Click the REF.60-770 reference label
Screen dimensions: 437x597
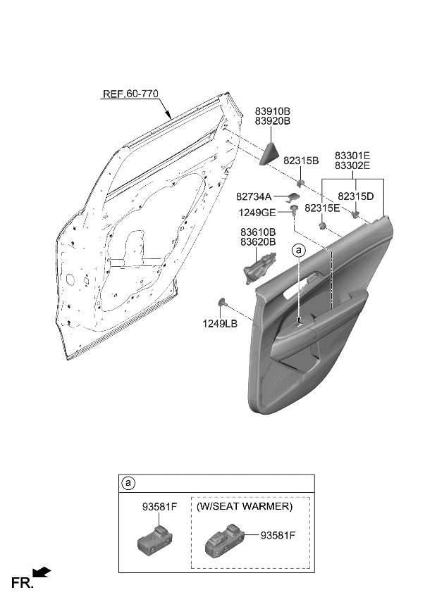pos(130,93)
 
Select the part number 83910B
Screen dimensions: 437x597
pos(272,111)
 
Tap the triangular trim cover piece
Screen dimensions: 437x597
pos(270,154)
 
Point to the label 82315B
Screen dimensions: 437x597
pos(301,161)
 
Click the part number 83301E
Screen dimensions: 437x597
pos(352,156)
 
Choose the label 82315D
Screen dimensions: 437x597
pos(356,196)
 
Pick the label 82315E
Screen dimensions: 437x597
pos(322,208)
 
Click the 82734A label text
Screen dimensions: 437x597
pos(254,196)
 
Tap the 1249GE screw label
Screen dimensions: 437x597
pos(257,213)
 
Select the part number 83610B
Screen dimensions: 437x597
pos(258,232)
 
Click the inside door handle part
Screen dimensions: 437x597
pos(259,268)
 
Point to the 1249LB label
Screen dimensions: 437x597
pos(220,324)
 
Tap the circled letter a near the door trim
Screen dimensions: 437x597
pos(299,250)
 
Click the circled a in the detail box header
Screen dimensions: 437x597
pos(128,483)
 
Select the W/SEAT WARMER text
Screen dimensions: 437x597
pos(245,506)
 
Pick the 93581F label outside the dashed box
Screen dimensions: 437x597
pos(160,507)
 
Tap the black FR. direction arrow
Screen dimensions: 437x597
pos(42,572)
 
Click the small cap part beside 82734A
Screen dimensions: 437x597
pos(294,196)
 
